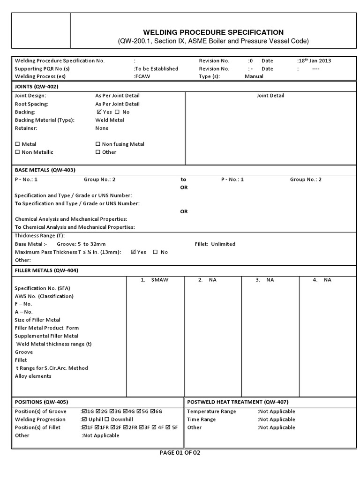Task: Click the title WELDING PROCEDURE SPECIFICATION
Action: click(x=213, y=32)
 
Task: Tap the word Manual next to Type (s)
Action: click(x=254, y=76)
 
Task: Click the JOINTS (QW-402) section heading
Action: click(x=37, y=87)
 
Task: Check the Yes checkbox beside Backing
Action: click(x=99, y=112)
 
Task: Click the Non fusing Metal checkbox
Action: click(x=98, y=144)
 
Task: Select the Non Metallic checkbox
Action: click(x=18, y=152)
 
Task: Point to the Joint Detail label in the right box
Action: click(x=270, y=96)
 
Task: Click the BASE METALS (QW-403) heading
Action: click(x=45, y=170)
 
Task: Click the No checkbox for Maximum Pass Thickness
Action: click(x=155, y=252)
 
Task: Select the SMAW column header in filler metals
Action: click(x=159, y=280)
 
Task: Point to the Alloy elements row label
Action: click(x=33, y=376)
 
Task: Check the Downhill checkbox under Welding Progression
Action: click(x=106, y=419)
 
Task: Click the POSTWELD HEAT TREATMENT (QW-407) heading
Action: click(x=238, y=402)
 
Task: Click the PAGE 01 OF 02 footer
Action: click(x=180, y=453)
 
